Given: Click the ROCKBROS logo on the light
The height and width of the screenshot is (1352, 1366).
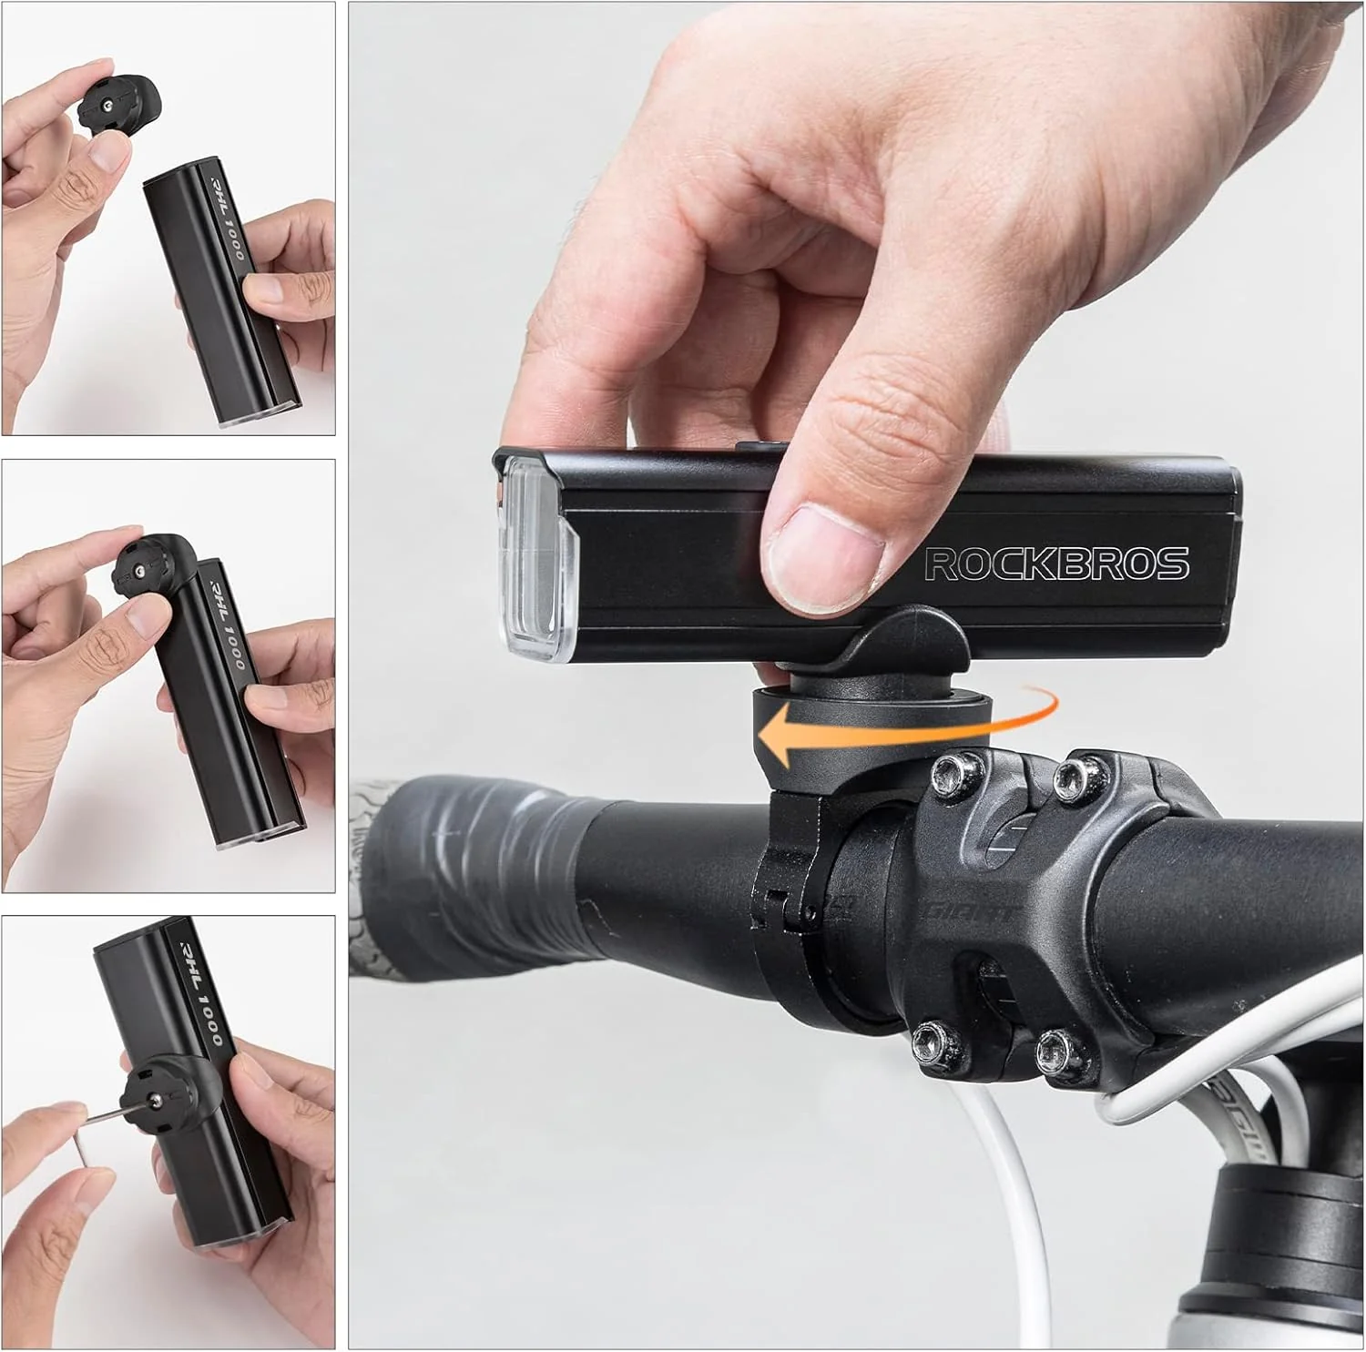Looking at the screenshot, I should tap(1056, 564).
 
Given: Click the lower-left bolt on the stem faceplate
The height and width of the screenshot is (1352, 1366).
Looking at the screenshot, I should tap(929, 1038).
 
